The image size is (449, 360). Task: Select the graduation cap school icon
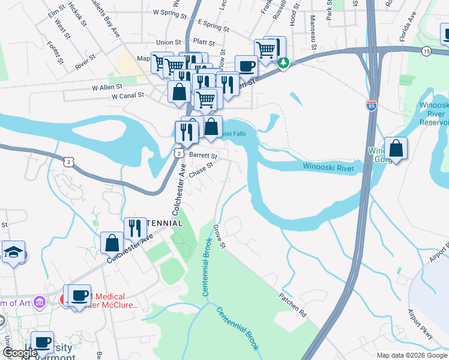13,253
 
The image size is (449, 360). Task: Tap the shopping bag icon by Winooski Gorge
396,148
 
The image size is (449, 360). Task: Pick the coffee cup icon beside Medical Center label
79,296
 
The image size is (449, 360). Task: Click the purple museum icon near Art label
40,301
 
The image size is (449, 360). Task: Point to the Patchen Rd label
293,305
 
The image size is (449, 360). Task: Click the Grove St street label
218,238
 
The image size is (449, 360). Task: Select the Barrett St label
203,155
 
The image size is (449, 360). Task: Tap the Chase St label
201,170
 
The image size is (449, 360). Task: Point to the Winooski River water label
333,166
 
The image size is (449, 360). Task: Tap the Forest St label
55,52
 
